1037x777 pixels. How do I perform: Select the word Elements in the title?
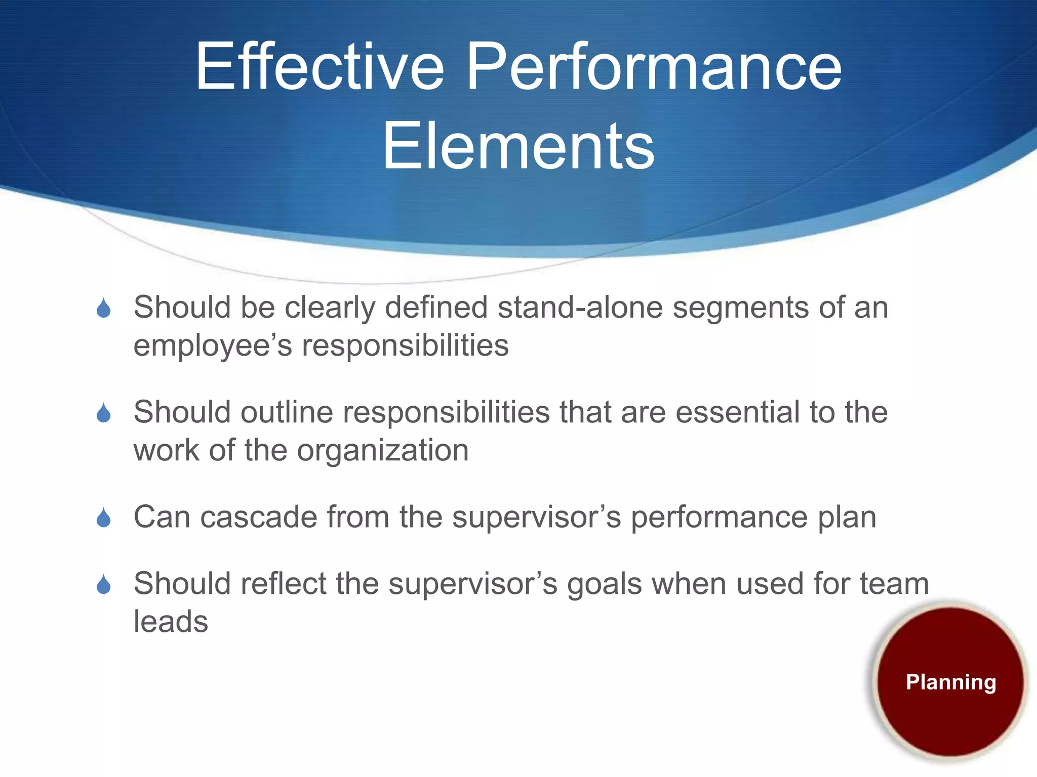coord(518,147)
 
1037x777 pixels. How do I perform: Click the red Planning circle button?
coord(950,681)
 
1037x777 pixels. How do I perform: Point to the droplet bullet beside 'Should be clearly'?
coord(104,308)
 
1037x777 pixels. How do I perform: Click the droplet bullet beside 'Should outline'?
coord(104,413)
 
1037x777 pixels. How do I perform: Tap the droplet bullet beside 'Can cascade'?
coord(104,518)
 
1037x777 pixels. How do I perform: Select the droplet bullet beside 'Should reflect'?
coord(104,585)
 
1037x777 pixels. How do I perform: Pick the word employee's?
coord(213,346)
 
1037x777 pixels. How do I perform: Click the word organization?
coord(383,451)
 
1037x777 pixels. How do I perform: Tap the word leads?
coord(171,622)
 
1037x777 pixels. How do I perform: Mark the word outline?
coord(287,412)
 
